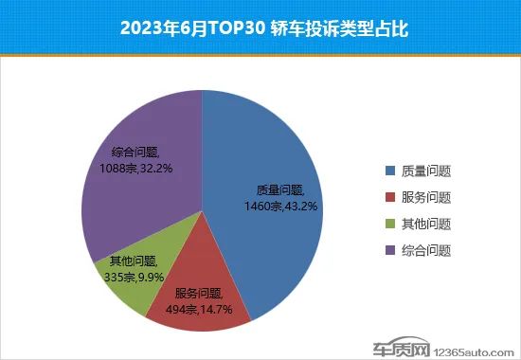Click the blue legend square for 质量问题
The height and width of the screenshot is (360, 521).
389,171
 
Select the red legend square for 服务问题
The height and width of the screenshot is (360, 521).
389,198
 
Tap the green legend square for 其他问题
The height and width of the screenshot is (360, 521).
389,225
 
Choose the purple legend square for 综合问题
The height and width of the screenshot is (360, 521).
389,251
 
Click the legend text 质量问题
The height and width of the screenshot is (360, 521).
425,171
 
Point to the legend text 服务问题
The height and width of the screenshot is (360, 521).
425,198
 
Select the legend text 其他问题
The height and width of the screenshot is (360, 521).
425,225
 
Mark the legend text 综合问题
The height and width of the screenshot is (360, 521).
425,251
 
